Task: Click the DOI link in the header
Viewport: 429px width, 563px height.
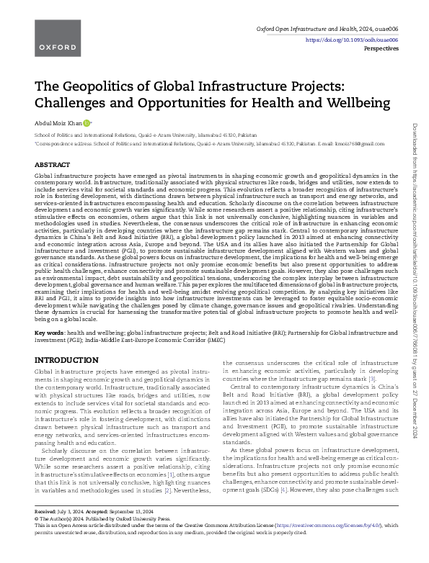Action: (358, 40)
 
